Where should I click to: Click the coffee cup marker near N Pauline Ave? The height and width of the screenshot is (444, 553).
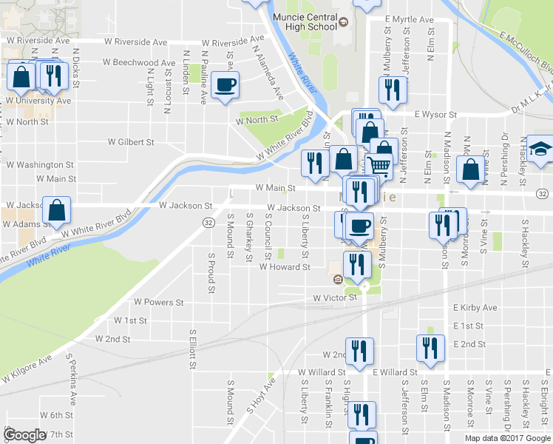[x=225, y=84]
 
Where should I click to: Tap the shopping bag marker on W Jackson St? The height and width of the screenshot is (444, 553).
[x=57, y=210]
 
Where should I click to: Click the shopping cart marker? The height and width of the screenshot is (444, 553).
[x=379, y=167]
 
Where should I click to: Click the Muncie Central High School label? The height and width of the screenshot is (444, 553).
[x=305, y=22]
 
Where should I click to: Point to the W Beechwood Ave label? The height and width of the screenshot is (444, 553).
[x=141, y=64]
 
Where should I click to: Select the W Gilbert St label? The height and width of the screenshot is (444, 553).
[x=131, y=141]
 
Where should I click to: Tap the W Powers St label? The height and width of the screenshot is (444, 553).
[x=158, y=302]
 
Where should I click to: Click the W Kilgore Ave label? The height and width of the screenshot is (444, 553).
[x=27, y=369]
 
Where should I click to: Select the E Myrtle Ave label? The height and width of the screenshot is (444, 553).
[x=410, y=18]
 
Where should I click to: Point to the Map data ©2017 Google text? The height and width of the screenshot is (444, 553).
[x=506, y=438]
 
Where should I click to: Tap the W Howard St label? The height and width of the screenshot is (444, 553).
[x=284, y=267]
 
